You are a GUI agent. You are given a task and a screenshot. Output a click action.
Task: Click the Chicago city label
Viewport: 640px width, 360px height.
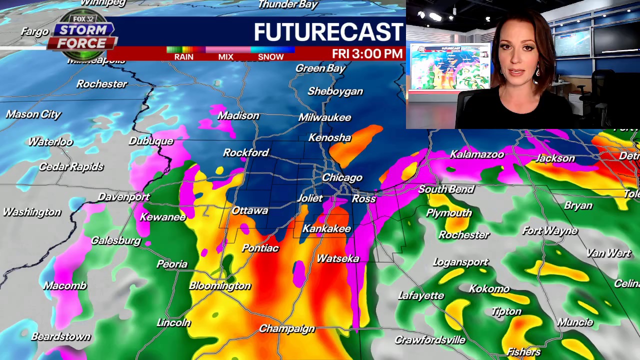[342, 177]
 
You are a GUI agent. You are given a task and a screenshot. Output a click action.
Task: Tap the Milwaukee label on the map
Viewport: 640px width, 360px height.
[324, 117]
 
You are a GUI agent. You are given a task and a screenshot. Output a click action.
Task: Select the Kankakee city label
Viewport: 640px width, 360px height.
[326, 228]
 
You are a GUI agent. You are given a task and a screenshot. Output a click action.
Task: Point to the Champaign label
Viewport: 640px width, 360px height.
[286, 329]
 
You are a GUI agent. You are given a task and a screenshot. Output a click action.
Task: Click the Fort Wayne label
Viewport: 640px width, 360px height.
[549, 230]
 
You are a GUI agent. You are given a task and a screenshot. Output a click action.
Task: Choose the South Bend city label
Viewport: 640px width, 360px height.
[445, 189]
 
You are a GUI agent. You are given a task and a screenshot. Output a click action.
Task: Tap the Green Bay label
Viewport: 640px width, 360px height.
[320, 68]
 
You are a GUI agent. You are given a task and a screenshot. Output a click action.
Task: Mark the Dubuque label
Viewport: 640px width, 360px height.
[151, 141]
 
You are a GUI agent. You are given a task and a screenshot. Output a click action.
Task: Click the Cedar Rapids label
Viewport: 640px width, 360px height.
[71, 166]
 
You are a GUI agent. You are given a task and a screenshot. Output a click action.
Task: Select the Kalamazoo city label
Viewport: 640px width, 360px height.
[476, 154]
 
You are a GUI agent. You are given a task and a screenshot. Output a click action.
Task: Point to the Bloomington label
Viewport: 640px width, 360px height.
[219, 285]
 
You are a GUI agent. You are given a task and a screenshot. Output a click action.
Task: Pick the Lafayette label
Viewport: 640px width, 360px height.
[421, 295]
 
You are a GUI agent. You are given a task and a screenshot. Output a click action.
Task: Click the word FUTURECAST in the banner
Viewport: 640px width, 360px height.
[328, 32]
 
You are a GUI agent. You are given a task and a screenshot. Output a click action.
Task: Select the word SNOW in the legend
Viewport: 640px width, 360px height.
[270, 57]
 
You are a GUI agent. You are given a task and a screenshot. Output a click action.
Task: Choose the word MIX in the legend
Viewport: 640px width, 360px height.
[225, 57]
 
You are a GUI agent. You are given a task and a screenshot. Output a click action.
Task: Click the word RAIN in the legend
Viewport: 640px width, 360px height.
[183, 57]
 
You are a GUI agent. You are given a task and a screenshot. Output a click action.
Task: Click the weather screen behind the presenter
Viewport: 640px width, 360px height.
[449, 67]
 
